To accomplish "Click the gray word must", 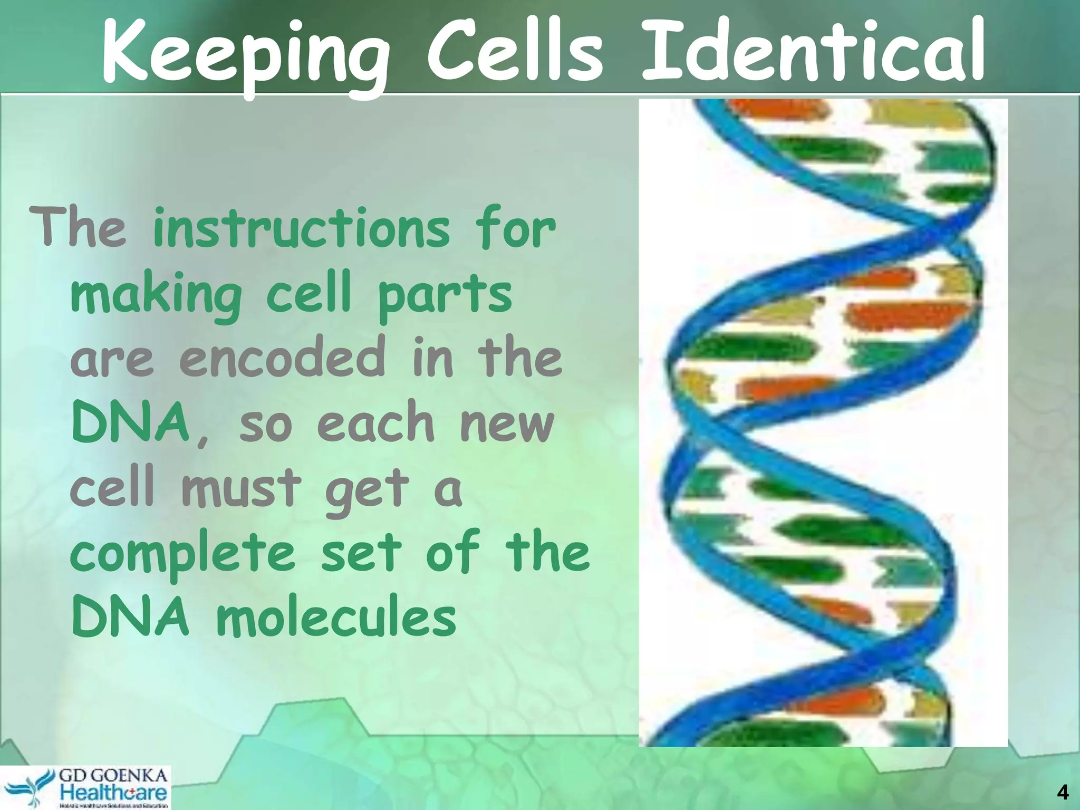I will click(x=241, y=487).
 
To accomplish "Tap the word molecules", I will click(x=336, y=617).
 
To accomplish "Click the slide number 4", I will click(x=1063, y=793).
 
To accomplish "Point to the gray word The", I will click(x=78, y=228).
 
